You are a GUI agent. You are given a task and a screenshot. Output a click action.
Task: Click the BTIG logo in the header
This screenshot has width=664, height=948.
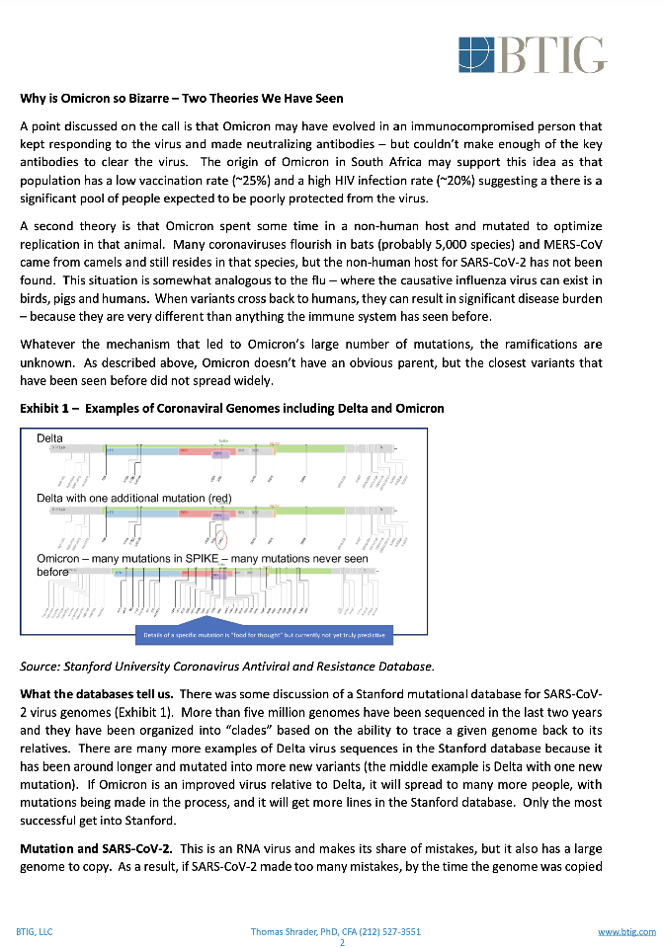tap(533, 53)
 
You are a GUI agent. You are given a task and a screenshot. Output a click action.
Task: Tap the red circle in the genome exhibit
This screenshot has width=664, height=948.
tap(221, 539)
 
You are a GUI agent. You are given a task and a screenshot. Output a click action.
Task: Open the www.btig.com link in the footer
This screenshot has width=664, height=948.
tap(626, 931)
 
